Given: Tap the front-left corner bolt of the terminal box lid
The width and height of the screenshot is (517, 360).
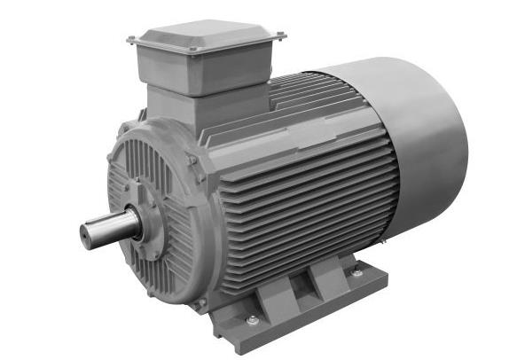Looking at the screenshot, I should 131,39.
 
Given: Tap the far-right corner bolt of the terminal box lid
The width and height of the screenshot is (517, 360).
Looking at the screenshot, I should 282,36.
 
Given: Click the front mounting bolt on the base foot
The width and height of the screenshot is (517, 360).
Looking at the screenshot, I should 251,319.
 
